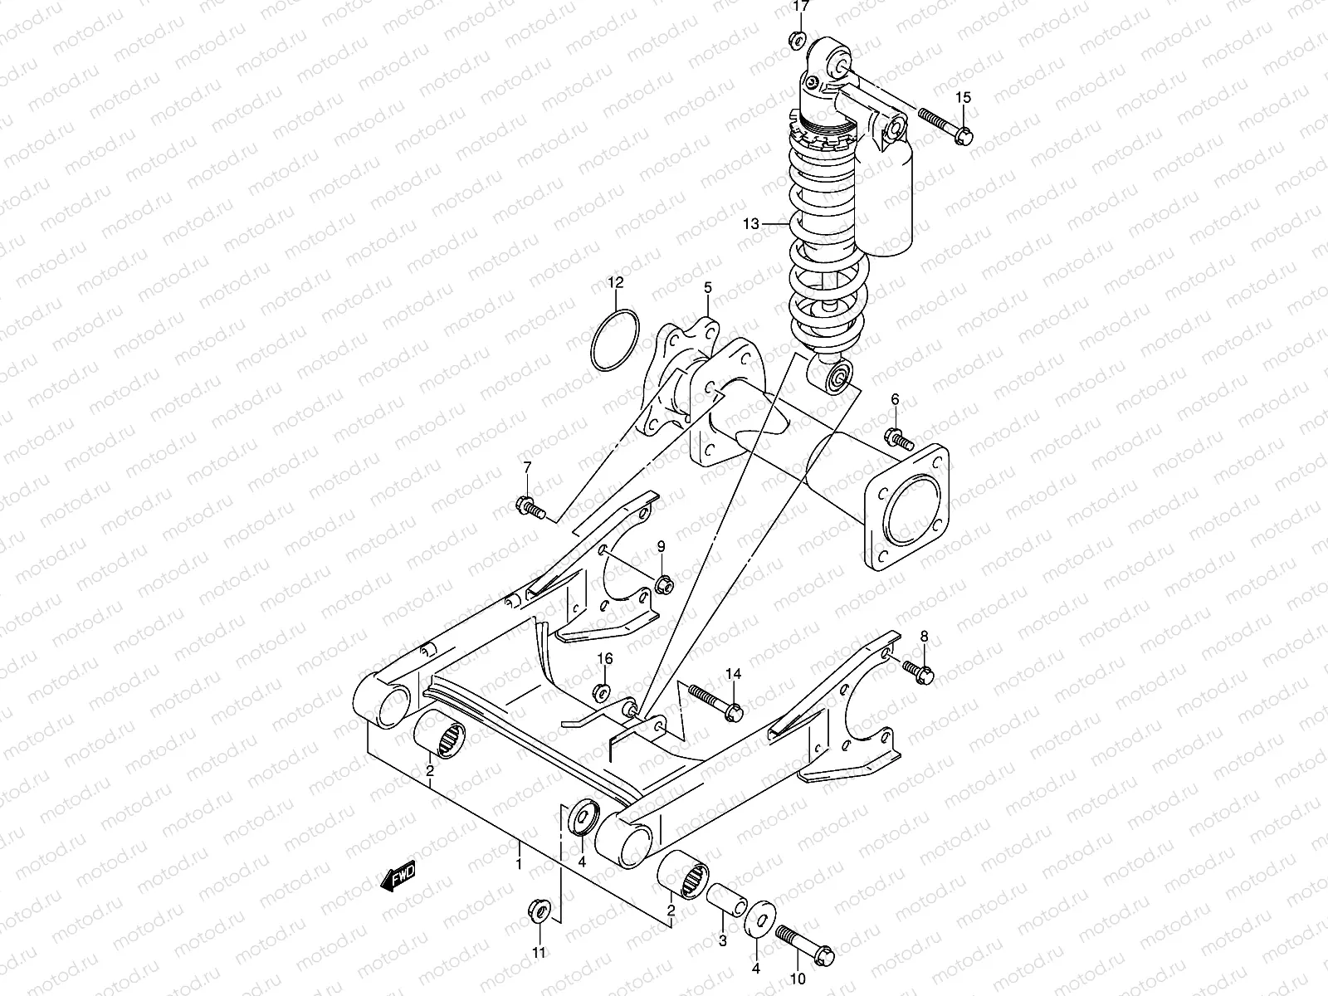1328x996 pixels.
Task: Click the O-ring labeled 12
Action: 614,341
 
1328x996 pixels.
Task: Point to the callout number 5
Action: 708,287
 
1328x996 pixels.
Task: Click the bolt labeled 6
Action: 899,437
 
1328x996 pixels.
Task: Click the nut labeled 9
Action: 662,584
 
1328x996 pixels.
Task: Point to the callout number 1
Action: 519,864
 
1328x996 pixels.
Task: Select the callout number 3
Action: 722,940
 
